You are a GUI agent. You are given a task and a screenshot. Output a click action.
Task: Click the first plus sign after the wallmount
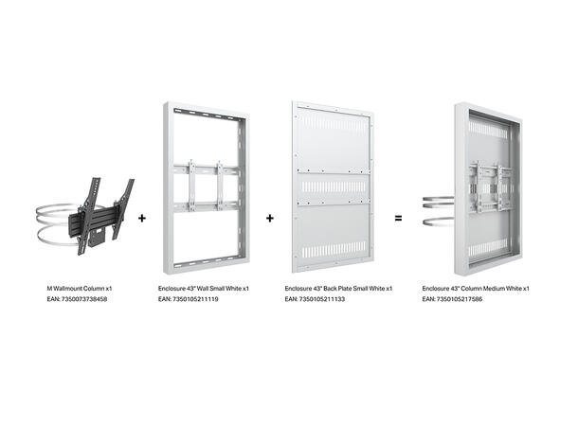tap(142, 218)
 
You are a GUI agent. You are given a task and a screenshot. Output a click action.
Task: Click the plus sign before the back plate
tap(270, 218)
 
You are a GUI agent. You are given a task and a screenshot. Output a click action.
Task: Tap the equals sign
tap(398, 218)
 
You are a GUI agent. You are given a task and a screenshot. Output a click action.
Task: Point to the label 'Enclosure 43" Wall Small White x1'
tap(204, 288)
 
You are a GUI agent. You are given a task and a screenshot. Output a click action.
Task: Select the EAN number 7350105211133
tap(316, 298)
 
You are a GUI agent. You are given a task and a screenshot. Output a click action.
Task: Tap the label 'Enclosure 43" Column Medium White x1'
tap(476, 288)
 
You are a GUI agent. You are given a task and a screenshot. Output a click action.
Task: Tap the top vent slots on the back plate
tap(332, 124)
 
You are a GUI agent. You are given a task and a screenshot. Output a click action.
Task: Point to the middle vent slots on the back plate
tap(332, 186)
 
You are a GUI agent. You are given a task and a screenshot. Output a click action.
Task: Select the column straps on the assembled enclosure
tap(438, 211)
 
